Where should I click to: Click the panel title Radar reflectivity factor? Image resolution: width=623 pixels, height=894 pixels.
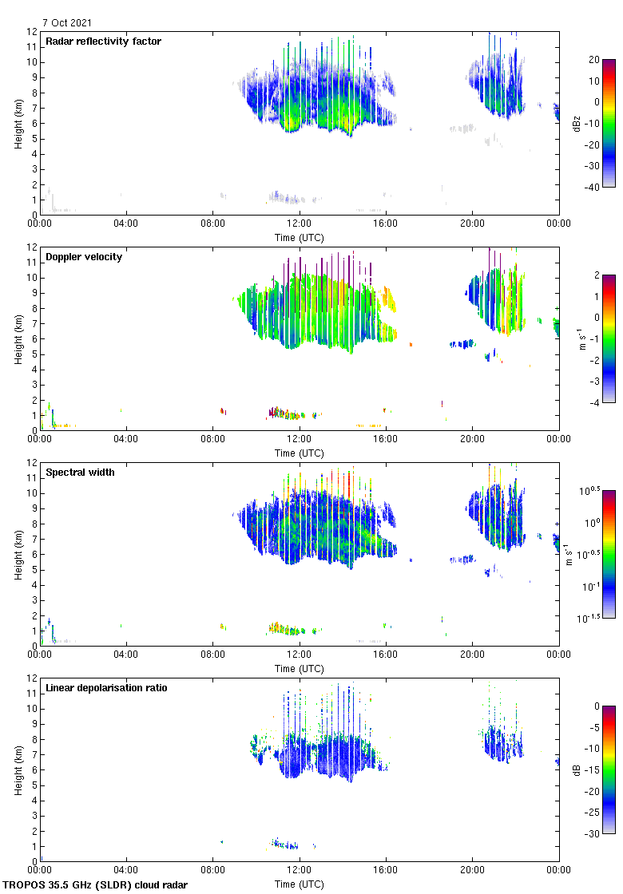(103, 41)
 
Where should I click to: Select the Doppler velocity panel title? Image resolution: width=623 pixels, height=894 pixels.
(84, 256)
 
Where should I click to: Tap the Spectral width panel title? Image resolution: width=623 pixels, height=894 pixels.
(81, 472)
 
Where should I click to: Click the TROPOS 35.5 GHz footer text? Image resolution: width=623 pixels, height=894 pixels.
(96, 884)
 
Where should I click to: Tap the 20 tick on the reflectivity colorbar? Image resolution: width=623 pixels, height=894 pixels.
(593, 60)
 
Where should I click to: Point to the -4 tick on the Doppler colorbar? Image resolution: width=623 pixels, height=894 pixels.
(595, 402)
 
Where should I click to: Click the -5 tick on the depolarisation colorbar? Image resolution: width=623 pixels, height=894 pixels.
(595, 727)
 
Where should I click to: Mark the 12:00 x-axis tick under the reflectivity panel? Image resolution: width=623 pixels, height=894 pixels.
(300, 224)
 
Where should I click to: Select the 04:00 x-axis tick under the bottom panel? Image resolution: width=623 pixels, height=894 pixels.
(126, 871)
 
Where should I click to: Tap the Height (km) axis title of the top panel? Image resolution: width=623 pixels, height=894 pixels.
(18, 123)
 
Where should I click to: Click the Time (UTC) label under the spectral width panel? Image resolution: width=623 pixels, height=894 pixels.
(300, 668)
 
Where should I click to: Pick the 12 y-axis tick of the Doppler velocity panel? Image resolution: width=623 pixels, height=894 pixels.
(33, 247)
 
